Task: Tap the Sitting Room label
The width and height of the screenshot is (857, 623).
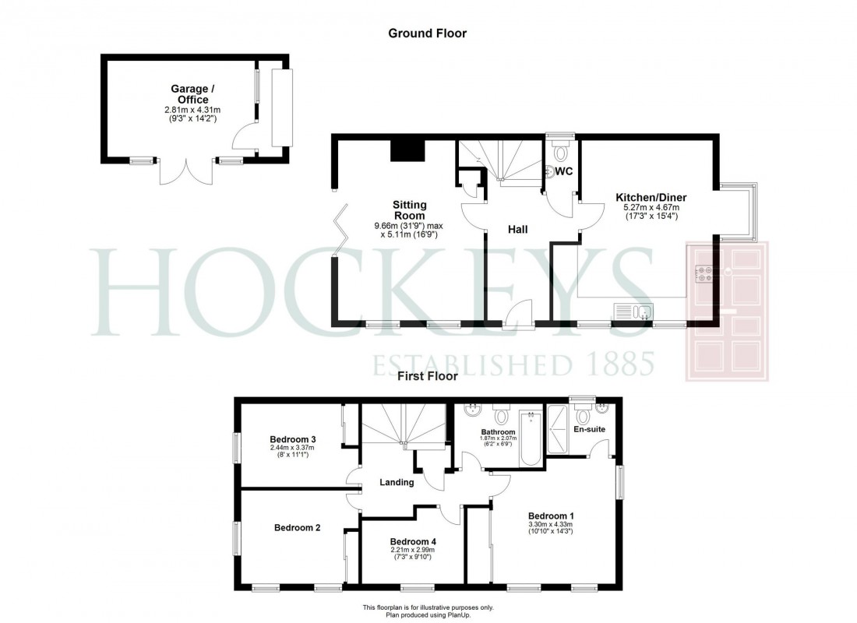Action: [409, 210]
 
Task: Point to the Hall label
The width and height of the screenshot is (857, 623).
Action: [518, 230]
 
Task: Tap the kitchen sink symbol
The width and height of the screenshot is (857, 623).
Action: [633, 312]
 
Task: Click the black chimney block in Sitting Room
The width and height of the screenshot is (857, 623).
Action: [407, 148]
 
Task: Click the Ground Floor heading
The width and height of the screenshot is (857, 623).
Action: [427, 33]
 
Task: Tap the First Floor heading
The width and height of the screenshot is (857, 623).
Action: [427, 376]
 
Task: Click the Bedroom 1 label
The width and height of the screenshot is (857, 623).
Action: [551, 516]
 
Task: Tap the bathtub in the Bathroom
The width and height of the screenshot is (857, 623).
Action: [531, 438]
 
